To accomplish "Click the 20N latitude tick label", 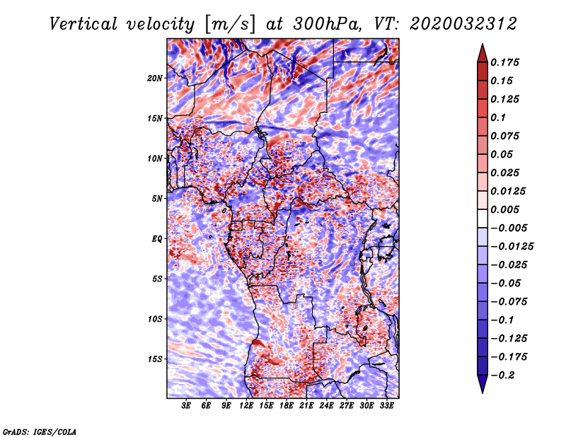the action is tap(155, 78).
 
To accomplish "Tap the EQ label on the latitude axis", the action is tap(156, 239).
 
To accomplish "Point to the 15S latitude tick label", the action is tap(155, 359).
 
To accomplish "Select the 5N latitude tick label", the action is tap(157, 199).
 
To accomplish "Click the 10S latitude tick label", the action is tap(155, 319).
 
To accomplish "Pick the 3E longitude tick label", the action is tap(186, 406).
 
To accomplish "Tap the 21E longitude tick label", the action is tap(306, 406).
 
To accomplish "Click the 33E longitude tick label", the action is tap(386, 406).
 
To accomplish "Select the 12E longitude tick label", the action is tap(246, 406).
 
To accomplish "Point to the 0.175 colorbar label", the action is tap(504, 62).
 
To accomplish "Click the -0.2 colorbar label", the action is tap(502, 375).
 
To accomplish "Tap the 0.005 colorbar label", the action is tap(504, 209).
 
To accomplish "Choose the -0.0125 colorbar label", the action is tap(512, 247).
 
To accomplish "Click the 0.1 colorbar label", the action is tap(498, 117).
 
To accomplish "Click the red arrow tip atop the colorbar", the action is tap(483, 44).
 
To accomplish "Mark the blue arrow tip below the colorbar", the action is tap(483, 392).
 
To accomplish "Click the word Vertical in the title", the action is tap(83, 24).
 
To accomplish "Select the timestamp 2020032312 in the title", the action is tap(463, 24).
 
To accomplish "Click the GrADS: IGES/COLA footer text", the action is tap(40, 431).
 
